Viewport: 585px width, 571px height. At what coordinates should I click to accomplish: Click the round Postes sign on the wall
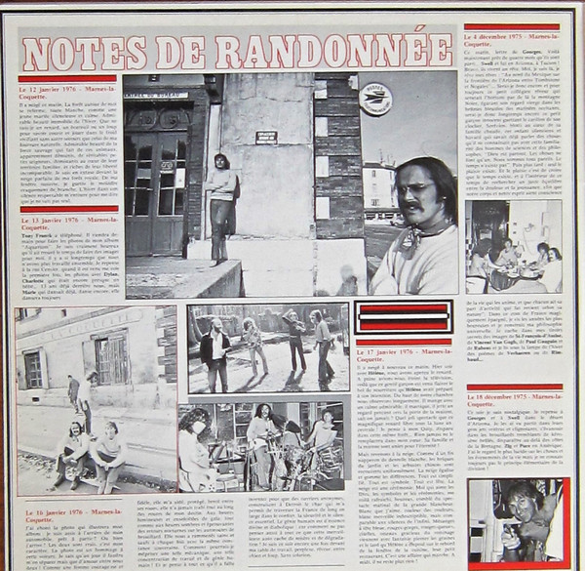(373, 98)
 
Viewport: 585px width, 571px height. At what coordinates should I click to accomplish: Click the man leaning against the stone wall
(222, 205)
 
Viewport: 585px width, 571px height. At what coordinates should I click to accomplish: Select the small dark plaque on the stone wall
(266, 138)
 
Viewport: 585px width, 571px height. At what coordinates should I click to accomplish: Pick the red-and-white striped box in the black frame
(403, 317)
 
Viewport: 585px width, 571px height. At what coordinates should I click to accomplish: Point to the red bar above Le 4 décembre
(512, 27)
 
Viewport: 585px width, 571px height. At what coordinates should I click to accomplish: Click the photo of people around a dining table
(512, 249)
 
